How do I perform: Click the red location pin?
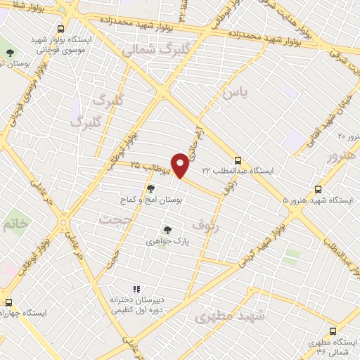click(x=181, y=165)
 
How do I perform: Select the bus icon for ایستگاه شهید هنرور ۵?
click(x=319, y=189)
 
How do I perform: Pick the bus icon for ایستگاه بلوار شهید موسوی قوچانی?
click(x=61, y=30)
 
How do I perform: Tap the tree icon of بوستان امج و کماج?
click(x=150, y=188)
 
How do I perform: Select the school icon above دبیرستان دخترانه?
click(x=136, y=289)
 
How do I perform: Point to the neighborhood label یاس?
click(x=235, y=92)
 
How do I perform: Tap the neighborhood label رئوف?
click(x=205, y=224)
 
